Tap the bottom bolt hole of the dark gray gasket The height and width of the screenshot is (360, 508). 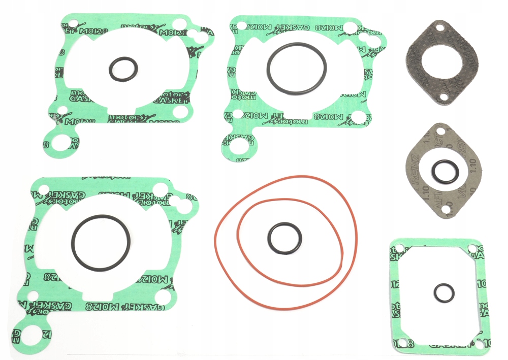point(443,96)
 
